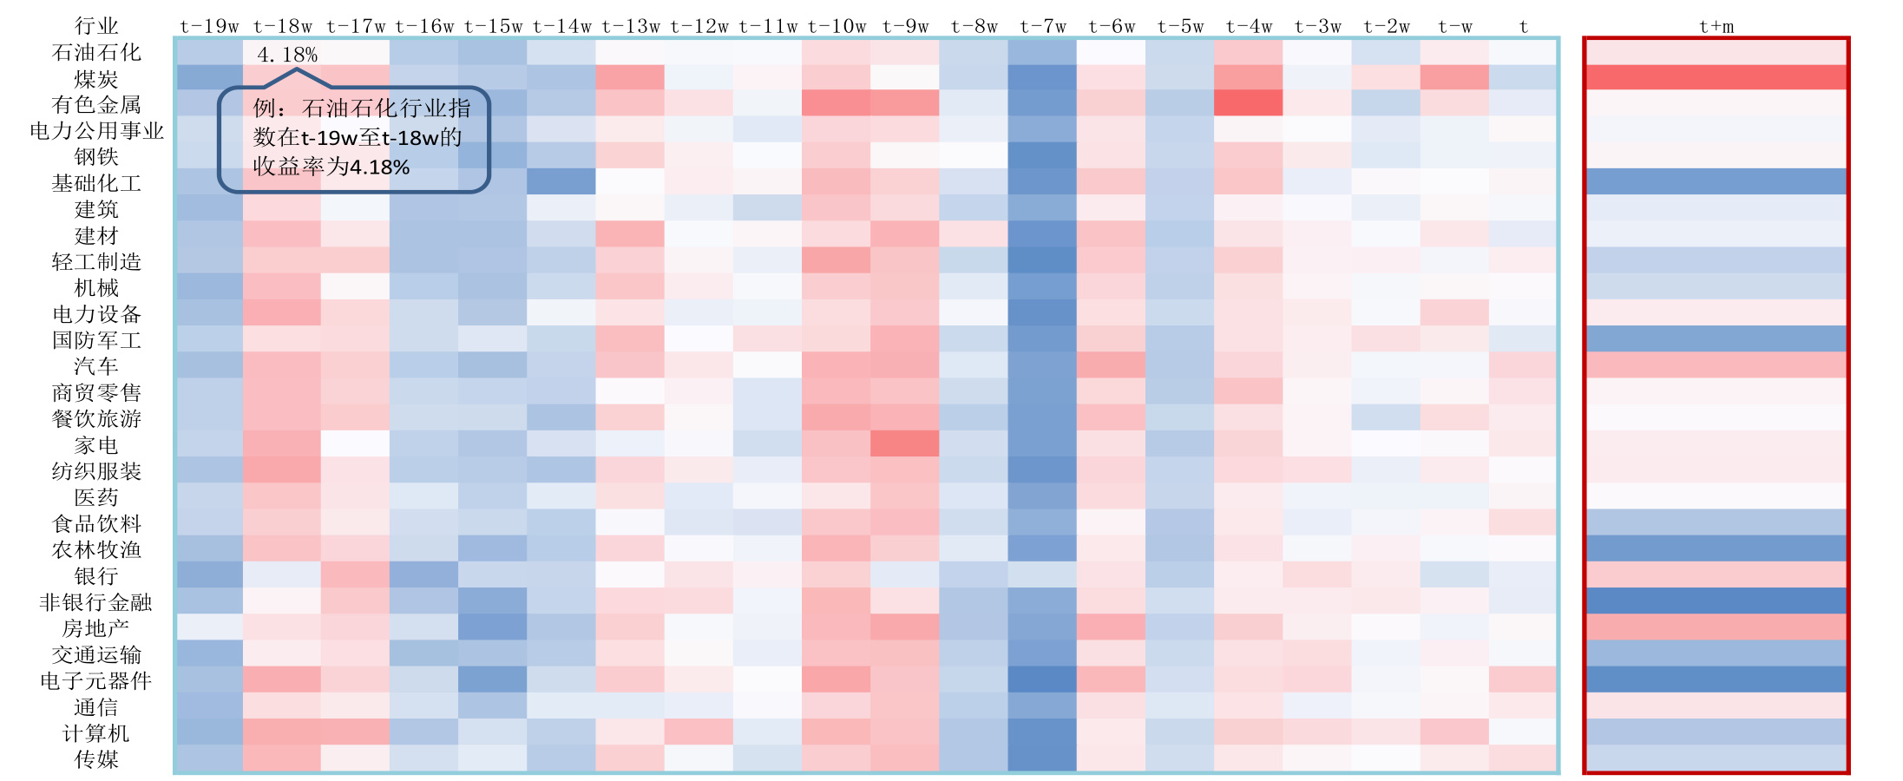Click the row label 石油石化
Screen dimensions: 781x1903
click(x=96, y=53)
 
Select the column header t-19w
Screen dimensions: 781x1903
click(x=209, y=27)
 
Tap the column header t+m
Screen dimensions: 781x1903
click(x=1716, y=27)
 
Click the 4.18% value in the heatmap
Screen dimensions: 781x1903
click(x=287, y=55)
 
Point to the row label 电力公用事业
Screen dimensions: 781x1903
click(x=96, y=131)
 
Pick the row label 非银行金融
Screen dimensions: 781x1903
click(x=96, y=602)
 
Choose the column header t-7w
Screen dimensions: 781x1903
click(x=1042, y=27)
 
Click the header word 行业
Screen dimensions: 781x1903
click(x=96, y=26)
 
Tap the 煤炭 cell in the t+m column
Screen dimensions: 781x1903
click(x=1716, y=78)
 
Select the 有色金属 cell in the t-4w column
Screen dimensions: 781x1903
click(x=1249, y=104)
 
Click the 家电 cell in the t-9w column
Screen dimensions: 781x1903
click(x=904, y=444)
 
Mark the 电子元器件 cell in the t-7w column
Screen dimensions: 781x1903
click(x=1042, y=679)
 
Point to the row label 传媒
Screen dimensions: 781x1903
click(x=96, y=759)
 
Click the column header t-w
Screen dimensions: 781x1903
click(x=1455, y=27)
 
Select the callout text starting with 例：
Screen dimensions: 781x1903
click(x=359, y=137)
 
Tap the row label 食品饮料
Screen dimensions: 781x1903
click(x=96, y=523)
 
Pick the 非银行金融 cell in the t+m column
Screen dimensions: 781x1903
click(x=1716, y=601)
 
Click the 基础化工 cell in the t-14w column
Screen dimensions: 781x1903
click(x=561, y=182)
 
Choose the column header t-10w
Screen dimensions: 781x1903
click(x=837, y=27)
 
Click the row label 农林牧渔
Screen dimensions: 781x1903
click(x=96, y=549)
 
